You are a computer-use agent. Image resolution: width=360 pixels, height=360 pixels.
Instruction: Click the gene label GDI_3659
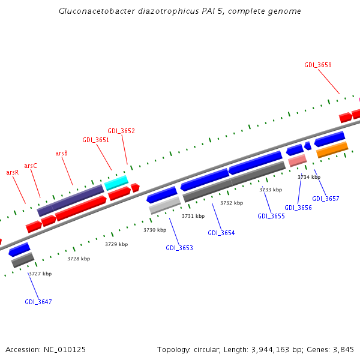(x=318, y=65)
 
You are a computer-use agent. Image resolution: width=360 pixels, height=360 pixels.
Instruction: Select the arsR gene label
(x=13, y=172)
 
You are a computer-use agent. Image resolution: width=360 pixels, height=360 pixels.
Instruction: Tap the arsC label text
(x=31, y=166)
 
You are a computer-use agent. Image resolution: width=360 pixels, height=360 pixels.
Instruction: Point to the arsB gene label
(x=61, y=153)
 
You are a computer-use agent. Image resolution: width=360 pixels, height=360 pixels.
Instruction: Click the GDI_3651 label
(x=96, y=140)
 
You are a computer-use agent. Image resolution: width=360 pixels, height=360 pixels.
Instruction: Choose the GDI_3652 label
(x=121, y=131)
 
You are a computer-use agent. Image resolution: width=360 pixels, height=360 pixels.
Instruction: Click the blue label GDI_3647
(x=38, y=302)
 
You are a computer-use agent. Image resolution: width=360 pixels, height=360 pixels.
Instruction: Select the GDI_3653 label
(x=179, y=248)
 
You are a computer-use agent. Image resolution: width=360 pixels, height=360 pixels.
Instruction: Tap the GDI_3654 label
(x=221, y=233)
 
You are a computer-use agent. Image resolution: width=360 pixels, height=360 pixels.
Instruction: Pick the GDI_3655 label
(x=271, y=216)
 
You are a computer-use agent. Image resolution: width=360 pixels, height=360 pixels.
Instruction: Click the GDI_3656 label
(x=298, y=208)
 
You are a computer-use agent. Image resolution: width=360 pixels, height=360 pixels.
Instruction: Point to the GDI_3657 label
(x=326, y=199)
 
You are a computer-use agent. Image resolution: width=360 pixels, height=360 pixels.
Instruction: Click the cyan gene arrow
(x=116, y=182)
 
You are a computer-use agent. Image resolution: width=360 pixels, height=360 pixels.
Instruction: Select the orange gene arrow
(x=332, y=149)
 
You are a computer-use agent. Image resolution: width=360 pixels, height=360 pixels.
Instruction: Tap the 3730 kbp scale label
(x=155, y=230)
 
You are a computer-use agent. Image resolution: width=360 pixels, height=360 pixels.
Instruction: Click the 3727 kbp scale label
(x=40, y=274)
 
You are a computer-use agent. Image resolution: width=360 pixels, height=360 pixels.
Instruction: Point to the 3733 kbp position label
(x=271, y=190)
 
